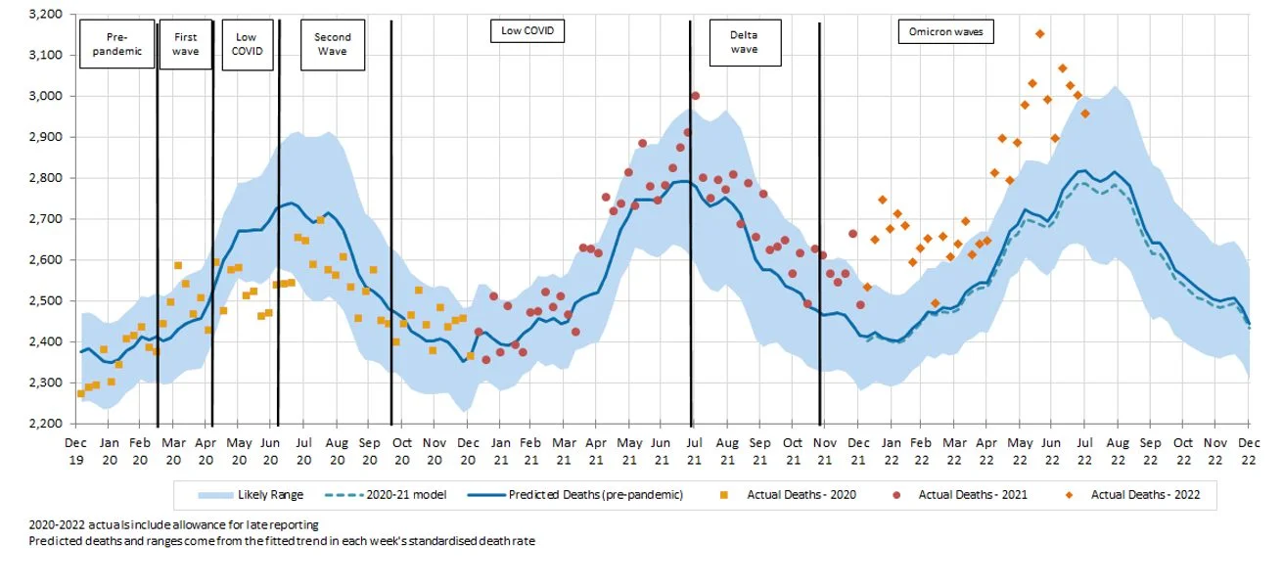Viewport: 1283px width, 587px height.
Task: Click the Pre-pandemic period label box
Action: (117, 44)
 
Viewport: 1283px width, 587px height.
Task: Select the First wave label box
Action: (185, 44)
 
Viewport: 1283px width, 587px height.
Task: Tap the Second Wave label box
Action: (333, 44)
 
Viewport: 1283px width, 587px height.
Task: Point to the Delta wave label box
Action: (744, 42)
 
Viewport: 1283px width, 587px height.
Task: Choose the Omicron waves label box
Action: (945, 32)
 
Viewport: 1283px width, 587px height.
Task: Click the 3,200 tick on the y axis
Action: (46, 15)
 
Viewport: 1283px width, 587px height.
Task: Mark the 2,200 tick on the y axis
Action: (46, 424)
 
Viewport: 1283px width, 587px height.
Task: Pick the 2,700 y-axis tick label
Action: (46, 219)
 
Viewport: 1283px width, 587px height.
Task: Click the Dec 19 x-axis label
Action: (75, 450)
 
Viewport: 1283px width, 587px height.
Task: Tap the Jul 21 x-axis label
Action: (693, 450)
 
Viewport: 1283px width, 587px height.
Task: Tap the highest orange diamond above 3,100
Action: (1039, 34)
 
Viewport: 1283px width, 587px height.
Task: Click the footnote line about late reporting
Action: (174, 525)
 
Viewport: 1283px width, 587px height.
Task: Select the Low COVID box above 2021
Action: (527, 31)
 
